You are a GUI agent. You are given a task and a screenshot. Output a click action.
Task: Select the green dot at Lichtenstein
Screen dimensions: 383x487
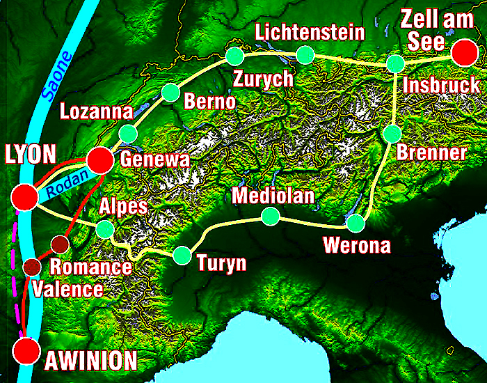click(305, 54)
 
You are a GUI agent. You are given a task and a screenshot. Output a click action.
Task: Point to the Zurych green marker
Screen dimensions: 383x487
click(234, 55)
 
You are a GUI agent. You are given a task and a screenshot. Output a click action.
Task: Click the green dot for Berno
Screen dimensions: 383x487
click(170, 92)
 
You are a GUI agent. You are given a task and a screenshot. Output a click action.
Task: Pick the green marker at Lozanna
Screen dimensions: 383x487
click(127, 133)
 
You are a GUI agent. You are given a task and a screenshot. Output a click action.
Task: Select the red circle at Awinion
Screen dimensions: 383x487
click(27, 350)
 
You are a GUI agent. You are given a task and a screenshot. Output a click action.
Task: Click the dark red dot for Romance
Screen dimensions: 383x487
click(60, 244)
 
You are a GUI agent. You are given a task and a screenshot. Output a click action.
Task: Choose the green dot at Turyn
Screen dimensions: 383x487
click(182, 256)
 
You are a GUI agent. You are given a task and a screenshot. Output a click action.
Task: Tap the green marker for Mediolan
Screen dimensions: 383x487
click(269, 216)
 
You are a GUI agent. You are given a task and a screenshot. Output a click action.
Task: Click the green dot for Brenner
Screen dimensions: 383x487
click(392, 133)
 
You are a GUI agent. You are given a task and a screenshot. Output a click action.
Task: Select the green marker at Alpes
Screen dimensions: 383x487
click(105, 228)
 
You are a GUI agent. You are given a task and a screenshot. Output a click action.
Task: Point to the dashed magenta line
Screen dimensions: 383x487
click(13, 265)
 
